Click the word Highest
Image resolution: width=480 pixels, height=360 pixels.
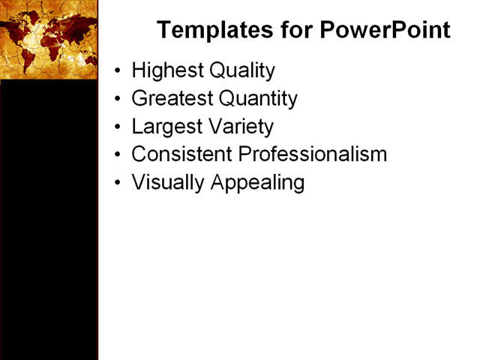[166, 71]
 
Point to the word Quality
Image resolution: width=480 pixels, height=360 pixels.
[241, 71]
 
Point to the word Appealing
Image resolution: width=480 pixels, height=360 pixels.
[257, 183]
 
